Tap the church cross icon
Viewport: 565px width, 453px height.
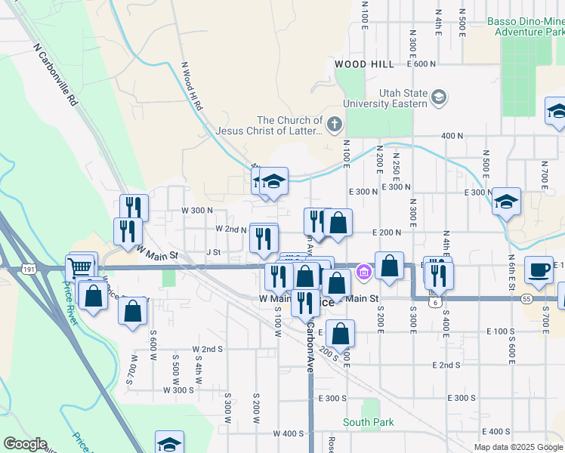[x=334, y=122]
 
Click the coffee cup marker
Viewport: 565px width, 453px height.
[x=539, y=270]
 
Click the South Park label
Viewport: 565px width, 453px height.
[x=368, y=422]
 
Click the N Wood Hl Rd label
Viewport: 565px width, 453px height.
[x=191, y=88]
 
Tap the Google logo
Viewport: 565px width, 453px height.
[x=25, y=444]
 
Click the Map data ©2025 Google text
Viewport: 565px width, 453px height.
[x=518, y=447]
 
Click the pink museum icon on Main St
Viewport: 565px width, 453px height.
[x=363, y=271]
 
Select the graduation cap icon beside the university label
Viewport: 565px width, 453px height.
[x=438, y=97]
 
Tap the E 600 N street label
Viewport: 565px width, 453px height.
[x=421, y=64]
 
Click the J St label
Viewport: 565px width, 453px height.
[x=213, y=251]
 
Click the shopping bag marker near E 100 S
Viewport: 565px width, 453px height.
[x=341, y=332]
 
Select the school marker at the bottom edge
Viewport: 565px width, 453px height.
[x=170, y=444]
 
